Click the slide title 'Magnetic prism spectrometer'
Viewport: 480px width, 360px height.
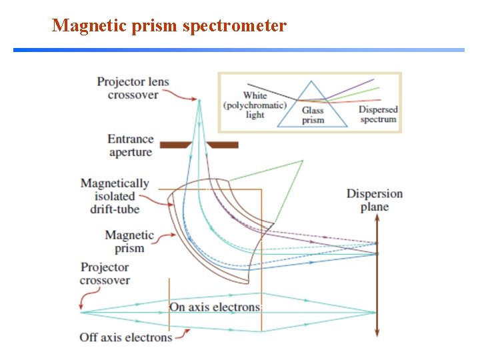pyautogui.click(x=169, y=26)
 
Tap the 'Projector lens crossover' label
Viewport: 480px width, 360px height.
pyautogui.click(x=133, y=88)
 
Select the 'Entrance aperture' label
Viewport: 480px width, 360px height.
pyautogui.click(x=131, y=145)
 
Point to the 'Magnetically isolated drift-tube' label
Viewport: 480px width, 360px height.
pyautogui.click(x=115, y=196)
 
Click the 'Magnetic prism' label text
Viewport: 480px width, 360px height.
pyautogui.click(x=129, y=241)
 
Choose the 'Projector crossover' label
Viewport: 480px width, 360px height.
pyautogui.click(x=105, y=273)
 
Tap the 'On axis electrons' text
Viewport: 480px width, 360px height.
pyautogui.click(x=214, y=307)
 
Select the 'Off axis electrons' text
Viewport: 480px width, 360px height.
pyautogui.click(x=126, y=337)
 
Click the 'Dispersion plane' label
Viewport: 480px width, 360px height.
pyautogui.click(x=375, y=200)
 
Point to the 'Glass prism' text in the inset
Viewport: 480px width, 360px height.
pyautogui.click(x=313, y=115)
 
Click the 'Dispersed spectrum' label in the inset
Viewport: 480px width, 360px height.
pyautogui.click(x=378, y=114)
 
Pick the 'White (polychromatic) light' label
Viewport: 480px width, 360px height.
pyautogui.click(x=255, y=105)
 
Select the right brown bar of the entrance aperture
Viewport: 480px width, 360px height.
pyautogui.click(x=222, y=144)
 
